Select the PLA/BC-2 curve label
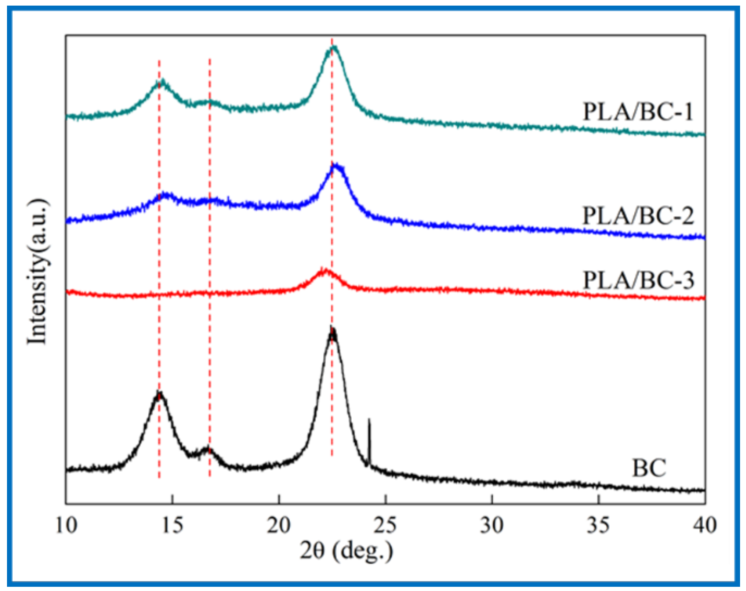pyautogui.click(x=638, y=215)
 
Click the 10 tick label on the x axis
pyautogui.click(x=66, y=525)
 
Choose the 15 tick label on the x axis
pyautogui.click(x=173, y=525)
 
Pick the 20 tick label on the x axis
pyautogui.click(x=279, y=525)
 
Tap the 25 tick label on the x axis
pyautogui.click(x=385, y=525)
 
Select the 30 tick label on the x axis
pyautogui.click(x=492, y=525)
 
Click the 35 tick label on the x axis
pyautogui.click(x=598, y=525)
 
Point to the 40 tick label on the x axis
pyautogui.click(x=704, y=525)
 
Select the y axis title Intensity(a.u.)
pyautogui.click(x=37, y=272)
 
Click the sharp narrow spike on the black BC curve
pyautogui.click(x=369, y=420)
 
